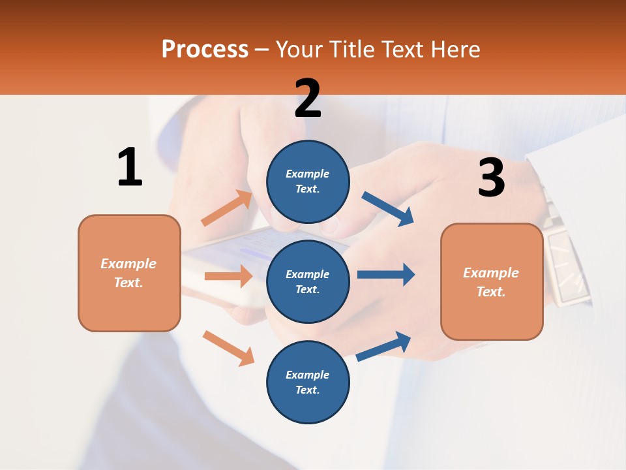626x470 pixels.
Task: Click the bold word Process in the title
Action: pyautogui.click(x=205, y=50)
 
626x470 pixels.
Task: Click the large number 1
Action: pyautogui.click(x=130, y=167)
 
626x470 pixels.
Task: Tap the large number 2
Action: pyautogui.click(x=308, y=98)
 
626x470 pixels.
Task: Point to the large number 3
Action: pyautogui.click(x=492, y=178)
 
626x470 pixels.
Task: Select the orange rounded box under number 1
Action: pyautogui.click(x=129, y=273)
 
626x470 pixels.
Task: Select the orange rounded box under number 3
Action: pyautogui.click(x=492, y=281)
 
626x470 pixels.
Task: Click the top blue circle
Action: pyautogui.click(x=308, y=181)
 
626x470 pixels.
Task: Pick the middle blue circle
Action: pyautogui.click(x=308, y=281)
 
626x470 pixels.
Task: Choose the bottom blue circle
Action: pyautogui.click(x=308, y=382)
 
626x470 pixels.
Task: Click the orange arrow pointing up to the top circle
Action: pyautogui.click(x=227, y=208)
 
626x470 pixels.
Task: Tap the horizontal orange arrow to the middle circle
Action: pyautogui.click(x=228, y=276)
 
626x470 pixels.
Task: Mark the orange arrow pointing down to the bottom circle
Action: pyautogui.click(x=228, y=348)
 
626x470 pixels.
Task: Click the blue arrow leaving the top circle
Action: pyautogui.click(x=388, y=208)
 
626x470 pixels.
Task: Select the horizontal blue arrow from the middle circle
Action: pyautogui.click(x=385, y=274)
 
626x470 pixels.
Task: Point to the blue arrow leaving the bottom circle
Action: pyautogui.click(x=383, y=347)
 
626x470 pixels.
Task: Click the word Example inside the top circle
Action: pyautogui.click(x=307, y=174)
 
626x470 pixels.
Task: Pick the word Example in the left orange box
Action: pyautogui.click(x=128, y=264)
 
